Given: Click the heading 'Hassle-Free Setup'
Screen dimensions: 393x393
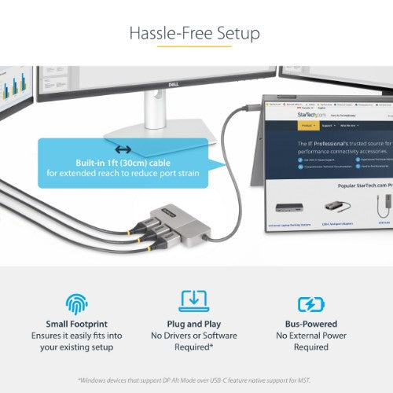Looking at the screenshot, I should pyautogui.click(x=196, y=34).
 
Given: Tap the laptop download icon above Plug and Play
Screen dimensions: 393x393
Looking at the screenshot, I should pyautogui.click(x=194, y=302).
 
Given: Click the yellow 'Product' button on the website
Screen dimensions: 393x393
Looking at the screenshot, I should pyautogui.click(x=307, y=125).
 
